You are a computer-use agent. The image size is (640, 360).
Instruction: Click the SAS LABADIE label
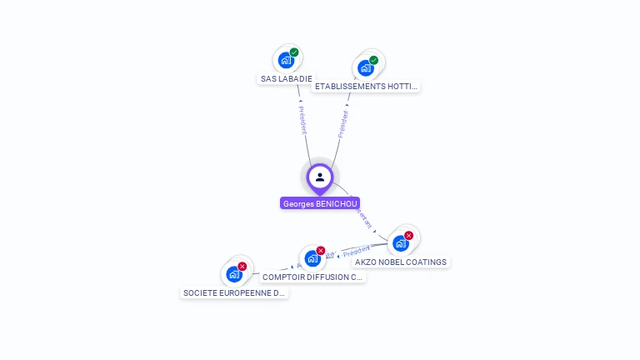tap(287, 78)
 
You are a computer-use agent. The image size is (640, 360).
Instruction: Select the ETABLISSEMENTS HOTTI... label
tap(366, 86)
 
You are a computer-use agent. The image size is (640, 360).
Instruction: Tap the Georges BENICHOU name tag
tap(320, 203)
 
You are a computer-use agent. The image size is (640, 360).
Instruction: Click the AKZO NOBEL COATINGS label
tap(401, 262)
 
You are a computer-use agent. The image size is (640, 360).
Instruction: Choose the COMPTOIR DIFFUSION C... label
tap(312, 277)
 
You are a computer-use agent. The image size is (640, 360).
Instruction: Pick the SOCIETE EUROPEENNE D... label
tap(234, 292)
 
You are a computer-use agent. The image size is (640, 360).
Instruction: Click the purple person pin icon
tap(320, 177)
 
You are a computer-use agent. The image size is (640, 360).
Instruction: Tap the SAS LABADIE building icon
tap(286, 60)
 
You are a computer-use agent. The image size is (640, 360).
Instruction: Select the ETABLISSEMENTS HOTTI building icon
tap(365, 67)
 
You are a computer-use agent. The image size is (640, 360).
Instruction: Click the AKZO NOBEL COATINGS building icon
tap(401, 243)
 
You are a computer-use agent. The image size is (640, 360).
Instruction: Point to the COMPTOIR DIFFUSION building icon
tap(312, 258)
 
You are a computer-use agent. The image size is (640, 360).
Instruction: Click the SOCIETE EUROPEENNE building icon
tap(233, 274)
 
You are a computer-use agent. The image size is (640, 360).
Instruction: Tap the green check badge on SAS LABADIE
tap(294, 52)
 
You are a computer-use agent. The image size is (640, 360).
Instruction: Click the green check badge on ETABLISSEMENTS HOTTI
tap(374, 60)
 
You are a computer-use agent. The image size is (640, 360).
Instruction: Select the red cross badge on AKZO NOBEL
tap(409, 235)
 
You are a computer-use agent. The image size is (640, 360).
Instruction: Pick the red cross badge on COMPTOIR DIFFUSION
tap(321, 250)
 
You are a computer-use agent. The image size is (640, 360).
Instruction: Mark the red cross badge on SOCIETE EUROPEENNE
tap(242, 266)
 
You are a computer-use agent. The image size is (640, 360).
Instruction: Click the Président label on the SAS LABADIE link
tap(302, 120)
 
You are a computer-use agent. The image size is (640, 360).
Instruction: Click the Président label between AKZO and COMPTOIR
tap(357, 250)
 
